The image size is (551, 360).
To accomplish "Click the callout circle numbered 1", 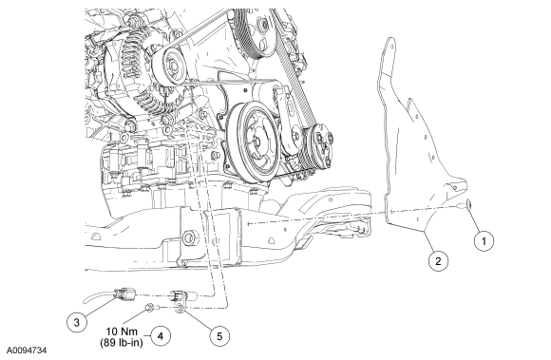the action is (x=484, y=241).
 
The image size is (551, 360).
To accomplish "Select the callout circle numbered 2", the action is (x=438, y=261).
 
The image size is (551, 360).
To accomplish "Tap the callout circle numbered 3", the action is (x=77, y=322).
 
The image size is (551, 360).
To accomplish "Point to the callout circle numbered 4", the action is (x=161, y=336).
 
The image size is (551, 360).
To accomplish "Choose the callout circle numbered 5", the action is (x=219, y=336).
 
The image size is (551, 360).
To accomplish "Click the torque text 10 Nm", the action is (x=122, y=332).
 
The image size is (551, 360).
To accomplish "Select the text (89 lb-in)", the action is (x=122, y=342).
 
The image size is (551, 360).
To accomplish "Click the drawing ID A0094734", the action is (x=27, y=351).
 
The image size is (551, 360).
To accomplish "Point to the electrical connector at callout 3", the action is (x=125, y=294).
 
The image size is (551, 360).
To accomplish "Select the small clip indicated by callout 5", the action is (x=180, y=308).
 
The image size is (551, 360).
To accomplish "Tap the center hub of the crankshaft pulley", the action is (x=256, y=142).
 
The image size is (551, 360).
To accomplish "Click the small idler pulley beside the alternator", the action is (x=172, y=66).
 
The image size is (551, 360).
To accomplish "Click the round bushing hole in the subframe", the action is (x=189, y=237).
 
